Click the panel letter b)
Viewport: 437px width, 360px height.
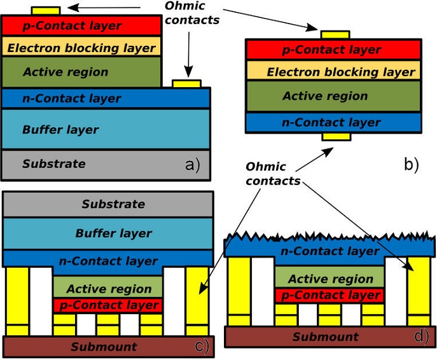pyautogui.click(x=411, y=165)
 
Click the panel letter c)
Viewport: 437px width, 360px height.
pyautogui.click(x=201, y=345)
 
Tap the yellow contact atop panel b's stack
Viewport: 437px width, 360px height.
pyautogui.click(x=335, y=34)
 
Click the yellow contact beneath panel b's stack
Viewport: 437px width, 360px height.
pyautogui.click(x=335, y=137)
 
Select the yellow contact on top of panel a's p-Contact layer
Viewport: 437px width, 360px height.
pyautogui.click(x=45, y=11)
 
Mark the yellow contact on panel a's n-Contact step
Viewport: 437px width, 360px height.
pyautogui.click(x=187, y=83)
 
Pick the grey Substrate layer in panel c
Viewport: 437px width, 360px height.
pyautogui.click(x=108, y=205)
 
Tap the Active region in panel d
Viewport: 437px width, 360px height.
pyautogui.click(x=330, y=279)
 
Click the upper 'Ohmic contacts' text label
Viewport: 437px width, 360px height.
pyautogui.click(x=191, y=13)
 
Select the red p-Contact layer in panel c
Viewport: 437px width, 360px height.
pyautogui.click(x=108, y=305)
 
